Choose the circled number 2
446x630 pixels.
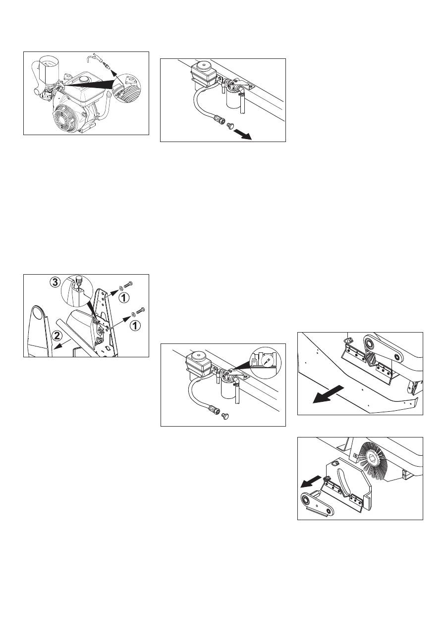click(x=57, y=335)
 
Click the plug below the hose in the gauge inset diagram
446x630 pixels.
click(x=225, y=415)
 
